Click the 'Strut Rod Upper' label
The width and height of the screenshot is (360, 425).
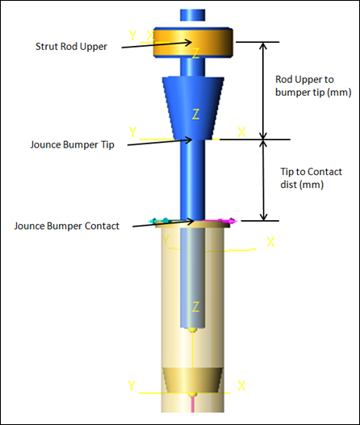pyautogui.click(x=71, y=47)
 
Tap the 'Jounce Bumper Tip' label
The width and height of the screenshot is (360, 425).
pyautogui.click(x=72, y=144)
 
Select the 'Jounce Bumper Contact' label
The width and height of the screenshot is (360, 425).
pyautogui.click(x=67, y=226)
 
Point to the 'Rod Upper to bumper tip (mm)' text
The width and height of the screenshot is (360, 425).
pyautogui.click(x=313, y=86)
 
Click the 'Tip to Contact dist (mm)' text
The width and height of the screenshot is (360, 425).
pyautogui.click(x=312, y=178)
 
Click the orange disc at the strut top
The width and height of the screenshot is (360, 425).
pyautogui.click(x=193, y=42)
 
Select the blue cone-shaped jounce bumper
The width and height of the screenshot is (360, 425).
pyautogui.click(x=193, y=108)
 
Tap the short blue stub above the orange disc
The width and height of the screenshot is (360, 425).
pyautogui.click(x=193, y=15)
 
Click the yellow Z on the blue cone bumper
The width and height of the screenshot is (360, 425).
pyautogui.click(x=195, y=114)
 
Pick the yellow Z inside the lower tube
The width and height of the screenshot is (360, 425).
pyautogui.click(x=195, y=306)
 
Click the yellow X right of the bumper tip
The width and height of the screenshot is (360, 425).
pyautogui.click(x=241, y=132)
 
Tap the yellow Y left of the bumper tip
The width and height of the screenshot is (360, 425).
pyautogui.click(x=132, y=132)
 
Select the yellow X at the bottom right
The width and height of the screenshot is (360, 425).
pyautogui.click(x=241, y=385)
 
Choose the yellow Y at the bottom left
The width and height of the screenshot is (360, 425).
pyautogui.click(x=132, y=385)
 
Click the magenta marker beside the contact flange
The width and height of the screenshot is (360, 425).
pyautogui.click(x=220, y=221)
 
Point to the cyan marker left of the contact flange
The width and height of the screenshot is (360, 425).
pyautogui.click(x=160, y=221)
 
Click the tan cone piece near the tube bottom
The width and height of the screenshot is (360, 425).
pyautogui.click(x=193, y=381)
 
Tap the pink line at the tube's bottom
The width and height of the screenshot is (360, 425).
pyautogui.click(x=193, y=404)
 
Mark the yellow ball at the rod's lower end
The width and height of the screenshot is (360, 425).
pyautogui.click(x=193, y=330)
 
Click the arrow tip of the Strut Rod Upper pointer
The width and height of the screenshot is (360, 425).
pyautogui.click(x=192, y=42)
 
